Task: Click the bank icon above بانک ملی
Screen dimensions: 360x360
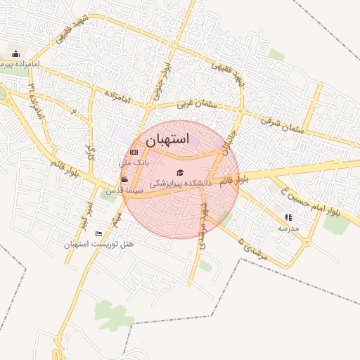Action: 134,152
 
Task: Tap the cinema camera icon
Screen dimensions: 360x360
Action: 124,180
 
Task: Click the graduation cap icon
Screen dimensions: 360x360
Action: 179,172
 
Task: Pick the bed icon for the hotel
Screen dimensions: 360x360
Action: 98,233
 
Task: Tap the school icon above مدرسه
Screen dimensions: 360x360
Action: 288,217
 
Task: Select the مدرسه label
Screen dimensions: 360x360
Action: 288,228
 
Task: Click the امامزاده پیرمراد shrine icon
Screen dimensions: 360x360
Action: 16,53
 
